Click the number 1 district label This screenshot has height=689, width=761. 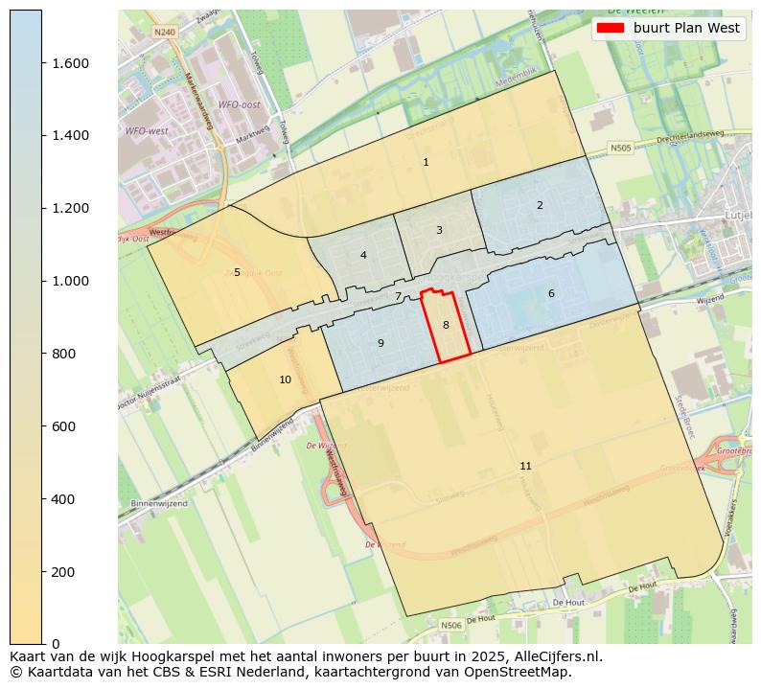click(x=426, y=162)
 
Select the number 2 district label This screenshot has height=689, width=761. click(x=540, y=205)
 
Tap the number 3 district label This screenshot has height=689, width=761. click(x=439, y=230)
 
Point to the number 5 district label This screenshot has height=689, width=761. click(x=237, y=272)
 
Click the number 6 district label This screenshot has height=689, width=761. click(x=551, y=293)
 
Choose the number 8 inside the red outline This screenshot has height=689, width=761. click(x=446, y=326)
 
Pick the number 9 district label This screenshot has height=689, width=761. click(x=380, y=343)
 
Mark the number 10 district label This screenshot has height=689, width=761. click(x=285, y=380)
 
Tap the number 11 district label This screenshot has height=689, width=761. click(x=525, y=466)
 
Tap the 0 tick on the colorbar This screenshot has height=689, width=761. click(x=55, y=644)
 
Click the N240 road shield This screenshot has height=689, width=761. click(x=165, y=32)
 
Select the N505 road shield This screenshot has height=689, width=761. click(x=621, y=149)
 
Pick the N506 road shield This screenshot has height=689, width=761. click(x=450, y=625)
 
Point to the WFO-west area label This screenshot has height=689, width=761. click(x=147, y=130)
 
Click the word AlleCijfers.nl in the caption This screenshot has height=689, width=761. click(x=551, y=656)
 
